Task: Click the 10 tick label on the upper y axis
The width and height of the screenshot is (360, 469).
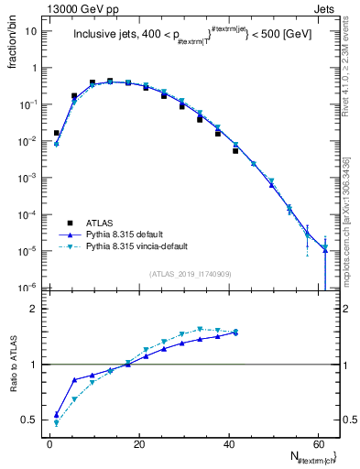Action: [x=31, y=31]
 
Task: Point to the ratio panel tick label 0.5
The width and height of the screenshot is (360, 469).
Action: [x=30, y=420]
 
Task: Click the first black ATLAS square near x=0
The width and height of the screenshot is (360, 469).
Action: [x=57, y=133]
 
